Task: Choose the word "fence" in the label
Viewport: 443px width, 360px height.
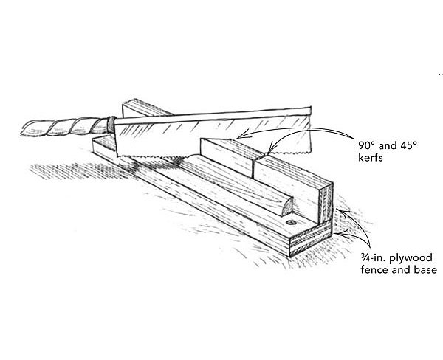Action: (375, 269)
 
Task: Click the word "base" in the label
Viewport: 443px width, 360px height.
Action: (423, 269)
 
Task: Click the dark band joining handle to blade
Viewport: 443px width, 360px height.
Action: (110, 125)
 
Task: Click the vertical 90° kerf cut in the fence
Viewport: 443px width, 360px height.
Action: (253, 167)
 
